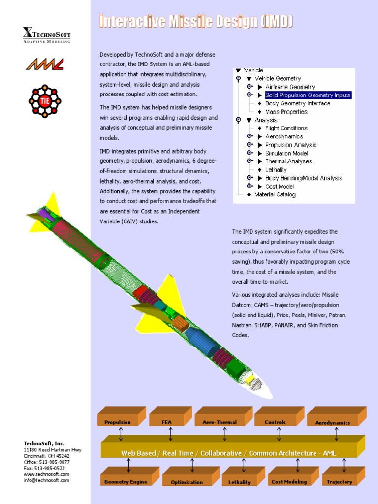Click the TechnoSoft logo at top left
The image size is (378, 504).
coord(46,34)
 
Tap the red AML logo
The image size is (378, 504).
coord(45,64)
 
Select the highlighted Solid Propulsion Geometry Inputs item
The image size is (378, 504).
coord(308,95)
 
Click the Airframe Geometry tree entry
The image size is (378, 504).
coord(290,87)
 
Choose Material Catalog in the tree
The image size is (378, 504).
coord(275,195)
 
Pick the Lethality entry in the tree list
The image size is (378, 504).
coord(276,170)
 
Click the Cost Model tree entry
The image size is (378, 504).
coord(280,187)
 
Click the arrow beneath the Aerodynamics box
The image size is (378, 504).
coord(337,434)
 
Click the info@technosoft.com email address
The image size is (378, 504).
coord(46,480)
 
